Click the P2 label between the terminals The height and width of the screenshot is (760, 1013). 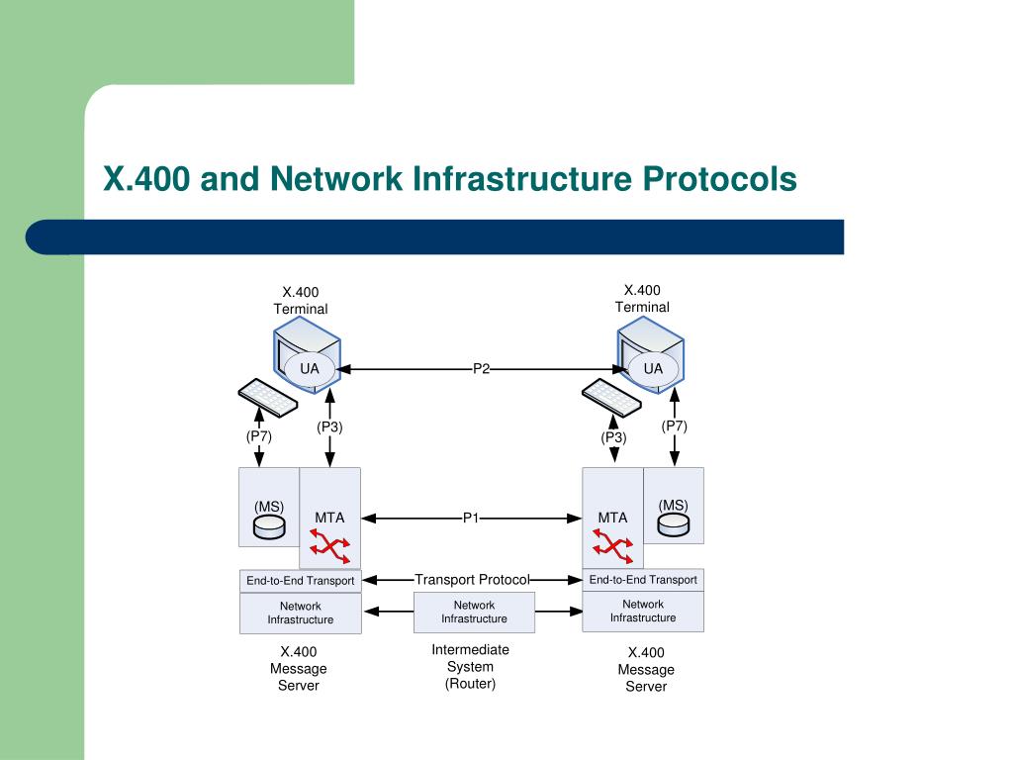point(482,369)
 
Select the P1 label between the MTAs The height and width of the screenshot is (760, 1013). point(471,518)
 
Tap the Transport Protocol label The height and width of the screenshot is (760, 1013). point(472,580)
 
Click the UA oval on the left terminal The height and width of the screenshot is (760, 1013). point(310,369)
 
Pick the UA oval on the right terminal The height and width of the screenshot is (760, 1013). point(653,369)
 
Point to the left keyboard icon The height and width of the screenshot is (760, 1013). point(268,398)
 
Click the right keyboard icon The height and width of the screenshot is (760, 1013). point(611,398)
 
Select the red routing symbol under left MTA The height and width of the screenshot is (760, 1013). point(330,546)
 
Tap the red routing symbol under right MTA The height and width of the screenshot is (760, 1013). point(613,546)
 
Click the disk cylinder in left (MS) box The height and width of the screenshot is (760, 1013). point(269,526)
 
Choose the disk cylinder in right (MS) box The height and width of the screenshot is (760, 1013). point(673,524)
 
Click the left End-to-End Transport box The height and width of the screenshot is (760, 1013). point(301,581)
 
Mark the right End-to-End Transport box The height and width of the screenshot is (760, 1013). point(643,580)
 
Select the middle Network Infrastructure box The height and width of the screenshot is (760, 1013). point(474,612)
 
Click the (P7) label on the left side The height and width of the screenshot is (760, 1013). point(259,436)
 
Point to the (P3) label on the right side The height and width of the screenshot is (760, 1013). point(613,437)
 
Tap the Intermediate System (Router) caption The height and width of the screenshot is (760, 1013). point(470,667)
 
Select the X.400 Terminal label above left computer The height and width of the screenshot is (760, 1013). point(301,301)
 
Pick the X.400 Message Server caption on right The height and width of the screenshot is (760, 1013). point(646,670)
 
